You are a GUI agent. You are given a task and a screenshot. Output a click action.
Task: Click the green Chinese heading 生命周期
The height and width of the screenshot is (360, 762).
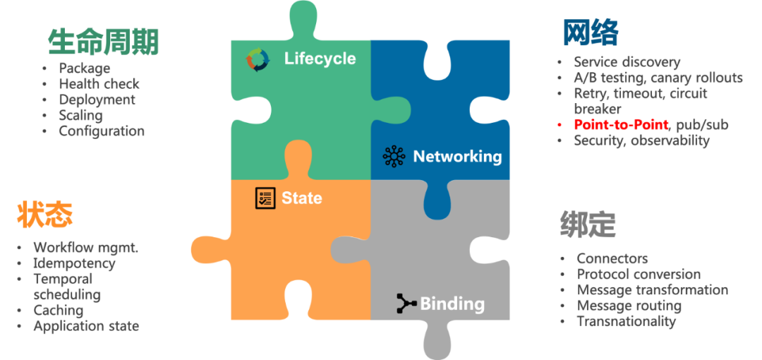pos(104,42)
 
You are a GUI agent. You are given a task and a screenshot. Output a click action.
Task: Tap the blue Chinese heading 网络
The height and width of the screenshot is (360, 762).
pos(590,32)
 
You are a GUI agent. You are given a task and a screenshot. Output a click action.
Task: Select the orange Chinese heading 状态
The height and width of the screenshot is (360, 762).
pos(45,215)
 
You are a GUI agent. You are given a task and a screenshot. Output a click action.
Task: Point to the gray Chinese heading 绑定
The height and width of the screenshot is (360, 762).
pos(588,224)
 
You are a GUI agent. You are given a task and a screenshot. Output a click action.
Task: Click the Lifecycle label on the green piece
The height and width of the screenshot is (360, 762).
pos(320,59)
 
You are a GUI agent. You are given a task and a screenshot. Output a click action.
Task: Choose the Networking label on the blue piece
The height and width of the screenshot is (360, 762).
pos(457,156)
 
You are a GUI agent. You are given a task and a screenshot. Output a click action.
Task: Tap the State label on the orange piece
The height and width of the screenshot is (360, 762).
pos(301,198)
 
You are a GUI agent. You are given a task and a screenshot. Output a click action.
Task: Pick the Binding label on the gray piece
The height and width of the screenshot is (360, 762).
pos(452,304)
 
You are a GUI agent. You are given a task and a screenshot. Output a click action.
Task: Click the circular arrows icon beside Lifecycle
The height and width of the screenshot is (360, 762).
pos(258,59)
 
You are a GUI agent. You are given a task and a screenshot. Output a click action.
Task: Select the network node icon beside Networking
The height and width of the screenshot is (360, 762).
pos(394,156)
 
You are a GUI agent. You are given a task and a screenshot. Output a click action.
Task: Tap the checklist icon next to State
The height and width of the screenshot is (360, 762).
pos(265,198)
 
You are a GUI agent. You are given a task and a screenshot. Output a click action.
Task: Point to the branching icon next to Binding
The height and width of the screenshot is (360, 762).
pos(406,304)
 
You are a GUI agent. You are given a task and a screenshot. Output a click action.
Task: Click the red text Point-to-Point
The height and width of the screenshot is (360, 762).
pos(621,125)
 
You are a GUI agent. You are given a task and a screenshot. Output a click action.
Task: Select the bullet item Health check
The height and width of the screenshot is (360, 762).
pos(99,84)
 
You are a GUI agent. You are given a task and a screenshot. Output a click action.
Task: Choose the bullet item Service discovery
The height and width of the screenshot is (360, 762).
pos(627,62)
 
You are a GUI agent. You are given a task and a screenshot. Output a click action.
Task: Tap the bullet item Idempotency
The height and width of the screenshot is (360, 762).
pos(74,263)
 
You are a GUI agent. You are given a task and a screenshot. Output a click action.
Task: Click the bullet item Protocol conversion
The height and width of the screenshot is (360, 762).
pos(639,274)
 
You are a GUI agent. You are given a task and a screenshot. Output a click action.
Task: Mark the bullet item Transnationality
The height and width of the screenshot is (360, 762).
pos(626,321)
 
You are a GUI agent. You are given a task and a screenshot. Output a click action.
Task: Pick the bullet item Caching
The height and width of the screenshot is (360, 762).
pos(59,310)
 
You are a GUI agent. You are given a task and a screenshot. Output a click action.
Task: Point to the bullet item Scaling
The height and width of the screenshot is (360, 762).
pos(80,115)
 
